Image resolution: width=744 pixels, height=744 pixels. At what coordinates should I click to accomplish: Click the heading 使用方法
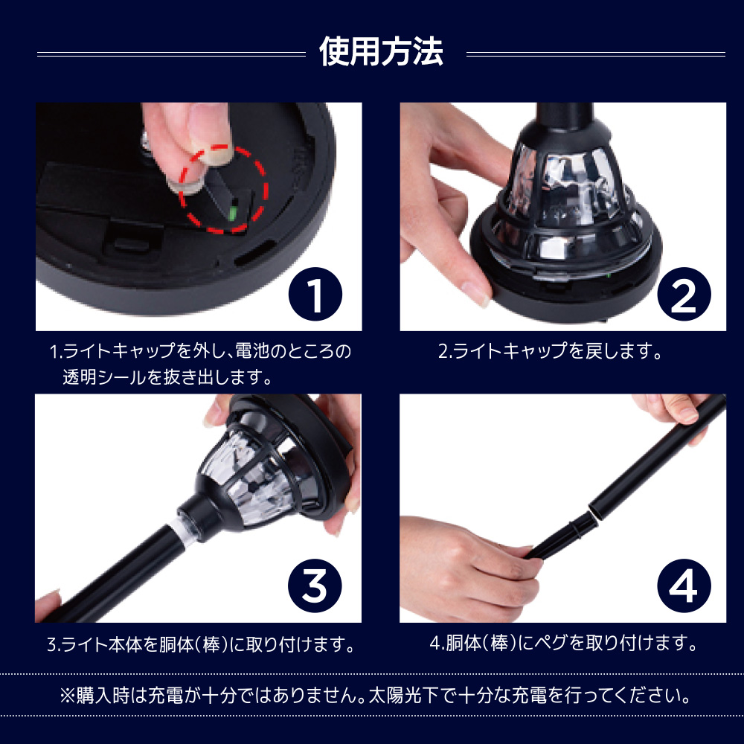pyautogui.click(x=381, y=51)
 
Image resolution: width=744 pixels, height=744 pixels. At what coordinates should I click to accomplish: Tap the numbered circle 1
pyautogui.click(x=315, y=294)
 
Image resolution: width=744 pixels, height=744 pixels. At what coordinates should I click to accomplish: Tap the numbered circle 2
pyautogui.click(x=684, y=294)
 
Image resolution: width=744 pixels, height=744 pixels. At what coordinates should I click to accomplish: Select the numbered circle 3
pyautogui.click(x=315, y=586)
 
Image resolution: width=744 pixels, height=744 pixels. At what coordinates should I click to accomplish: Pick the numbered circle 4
pyautogui.click(x=684, y=586)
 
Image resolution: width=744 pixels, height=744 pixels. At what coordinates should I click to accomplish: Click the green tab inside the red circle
pyautogui.click(x=232, y=213)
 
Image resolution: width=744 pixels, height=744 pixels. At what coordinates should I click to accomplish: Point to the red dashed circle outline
pyautogui.click(x=263, y=190)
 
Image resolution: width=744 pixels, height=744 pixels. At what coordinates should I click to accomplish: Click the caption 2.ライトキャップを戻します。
pyautogui.click(x=550, y=351)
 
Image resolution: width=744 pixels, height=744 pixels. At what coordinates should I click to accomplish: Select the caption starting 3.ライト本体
pyautogui.click(x=201, y=644)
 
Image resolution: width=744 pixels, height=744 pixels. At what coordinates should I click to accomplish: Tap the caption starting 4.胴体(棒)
pyautogui.click(x=564, y=644)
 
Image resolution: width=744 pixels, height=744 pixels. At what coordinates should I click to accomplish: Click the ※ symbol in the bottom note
pyautogui.click(x=68, y=696)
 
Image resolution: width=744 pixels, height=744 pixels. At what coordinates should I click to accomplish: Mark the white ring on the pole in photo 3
pyautogui.click(x=179, y=534)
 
